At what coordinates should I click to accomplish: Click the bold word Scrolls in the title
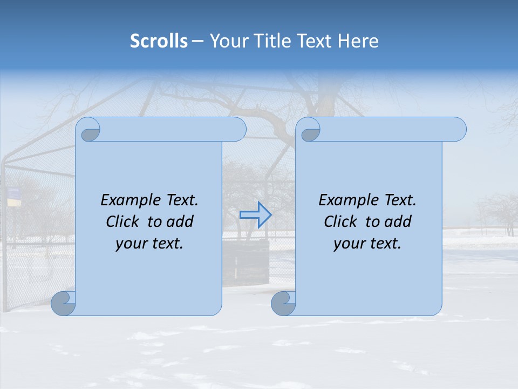pyautogui.click(x=159, y=41)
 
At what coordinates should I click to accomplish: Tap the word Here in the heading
pyautogui.click(x=358, y=41)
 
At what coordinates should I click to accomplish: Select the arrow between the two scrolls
pyautogui.click(x=255, y=215)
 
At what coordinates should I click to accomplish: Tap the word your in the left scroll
pyautogui.click(x=130, y=243)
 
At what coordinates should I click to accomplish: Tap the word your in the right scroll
pyautogui.click(x=348, y=243)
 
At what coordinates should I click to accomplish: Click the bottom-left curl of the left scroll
pyautogui.click(x=64, y=303)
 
